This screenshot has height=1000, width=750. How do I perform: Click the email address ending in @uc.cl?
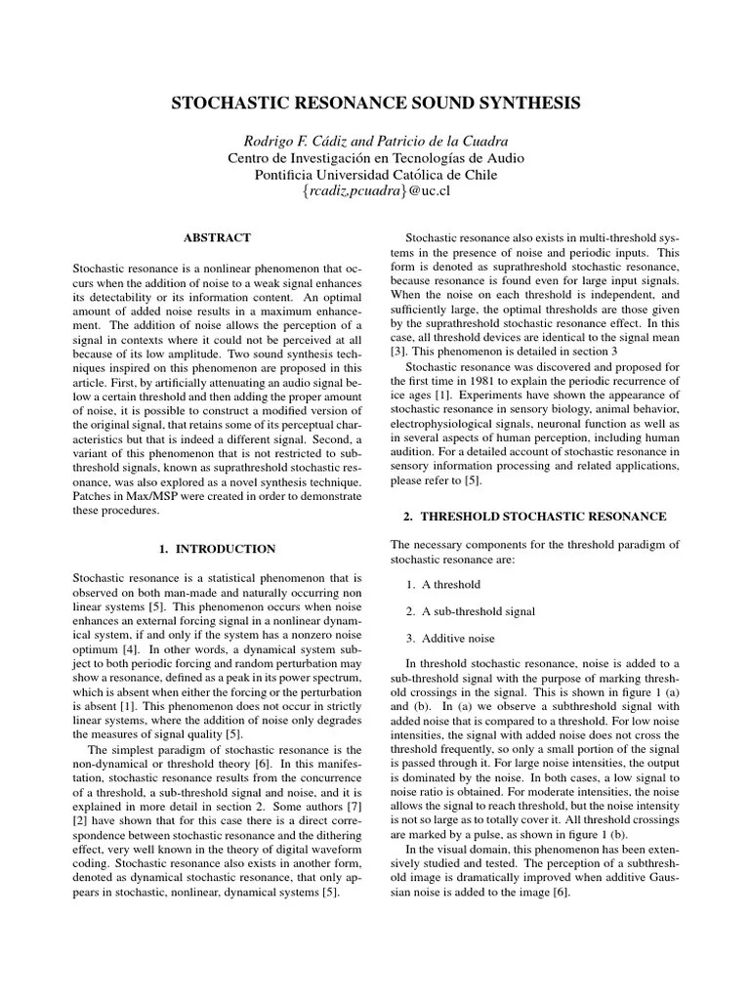point(376,191)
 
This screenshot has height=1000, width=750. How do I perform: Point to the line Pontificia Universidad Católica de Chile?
point(376,174)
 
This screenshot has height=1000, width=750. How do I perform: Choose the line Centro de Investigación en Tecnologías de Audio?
point(376,157)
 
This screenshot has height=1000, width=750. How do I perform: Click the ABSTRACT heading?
point(217,237)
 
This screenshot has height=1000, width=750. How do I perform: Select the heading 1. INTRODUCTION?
point(217,549)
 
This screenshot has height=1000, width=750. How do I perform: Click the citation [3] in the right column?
point(397,350)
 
